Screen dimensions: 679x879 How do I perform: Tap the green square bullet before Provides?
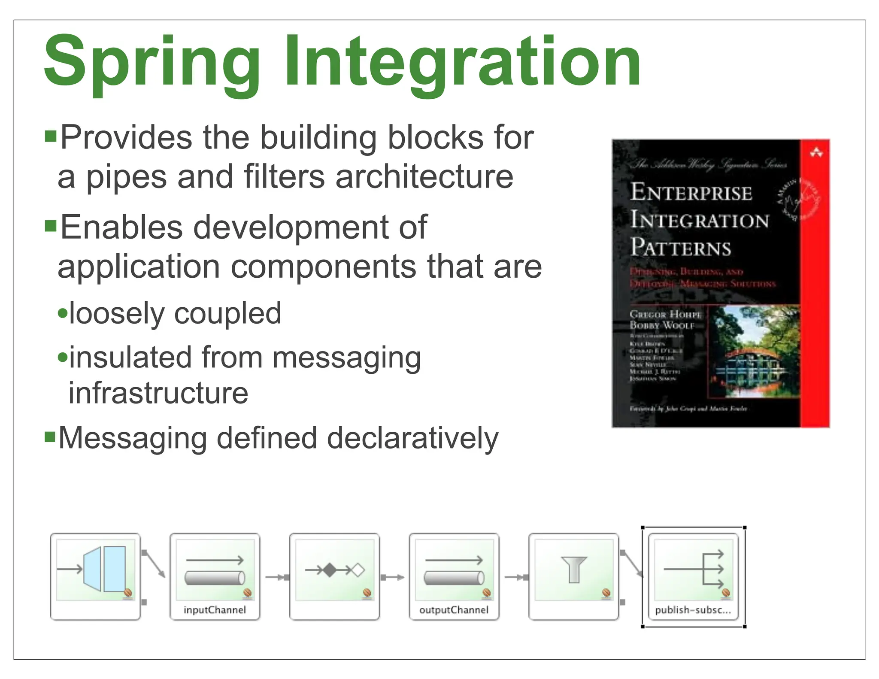point(51,136)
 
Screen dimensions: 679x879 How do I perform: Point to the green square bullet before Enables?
point(51,226)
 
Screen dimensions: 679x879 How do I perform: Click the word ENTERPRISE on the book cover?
point(691,192)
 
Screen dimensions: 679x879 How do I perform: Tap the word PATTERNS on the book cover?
point(681,248)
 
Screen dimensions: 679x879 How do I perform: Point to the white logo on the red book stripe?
point(815,152)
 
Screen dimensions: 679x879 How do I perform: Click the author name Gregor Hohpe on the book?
point(665,314)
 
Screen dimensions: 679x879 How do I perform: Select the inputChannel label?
point(215,610)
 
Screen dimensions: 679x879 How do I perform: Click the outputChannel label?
point(454,610)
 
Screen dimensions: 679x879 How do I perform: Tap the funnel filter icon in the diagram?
point(573,569)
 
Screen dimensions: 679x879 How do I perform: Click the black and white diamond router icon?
point(335,570)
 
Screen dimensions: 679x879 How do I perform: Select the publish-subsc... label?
point(692,610)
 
